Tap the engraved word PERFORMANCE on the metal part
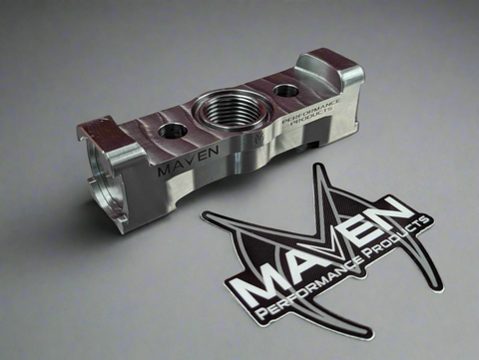click(x=311, y=111)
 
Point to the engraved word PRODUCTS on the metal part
click(x=311, y=117)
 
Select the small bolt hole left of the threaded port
click(x=173, y=131)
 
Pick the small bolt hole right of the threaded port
click(x=286, y=91)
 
